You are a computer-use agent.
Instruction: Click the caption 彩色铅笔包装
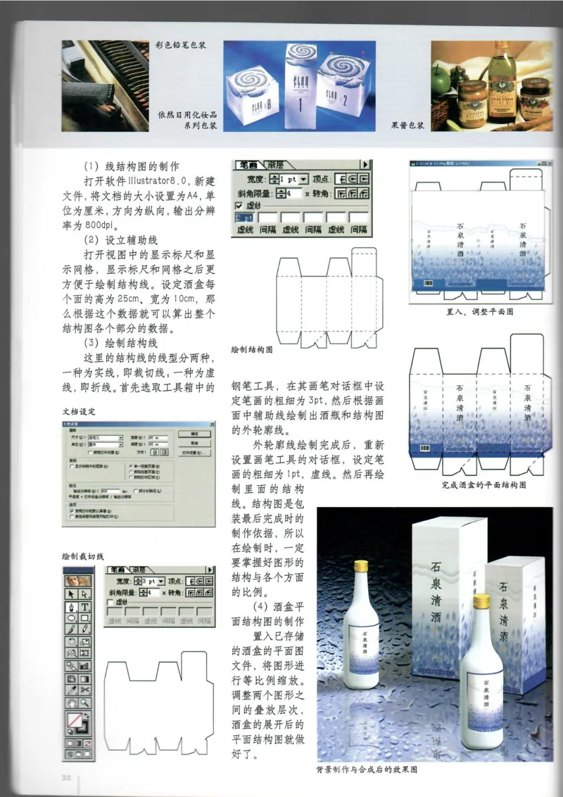[182, 44]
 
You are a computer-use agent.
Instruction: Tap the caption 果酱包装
[407, 127]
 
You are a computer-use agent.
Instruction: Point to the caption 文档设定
[79, 410]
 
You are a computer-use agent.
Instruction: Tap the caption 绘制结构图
[251, 349]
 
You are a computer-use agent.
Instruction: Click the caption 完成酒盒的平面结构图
[483, 485]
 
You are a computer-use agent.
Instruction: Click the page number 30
[68, 777]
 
